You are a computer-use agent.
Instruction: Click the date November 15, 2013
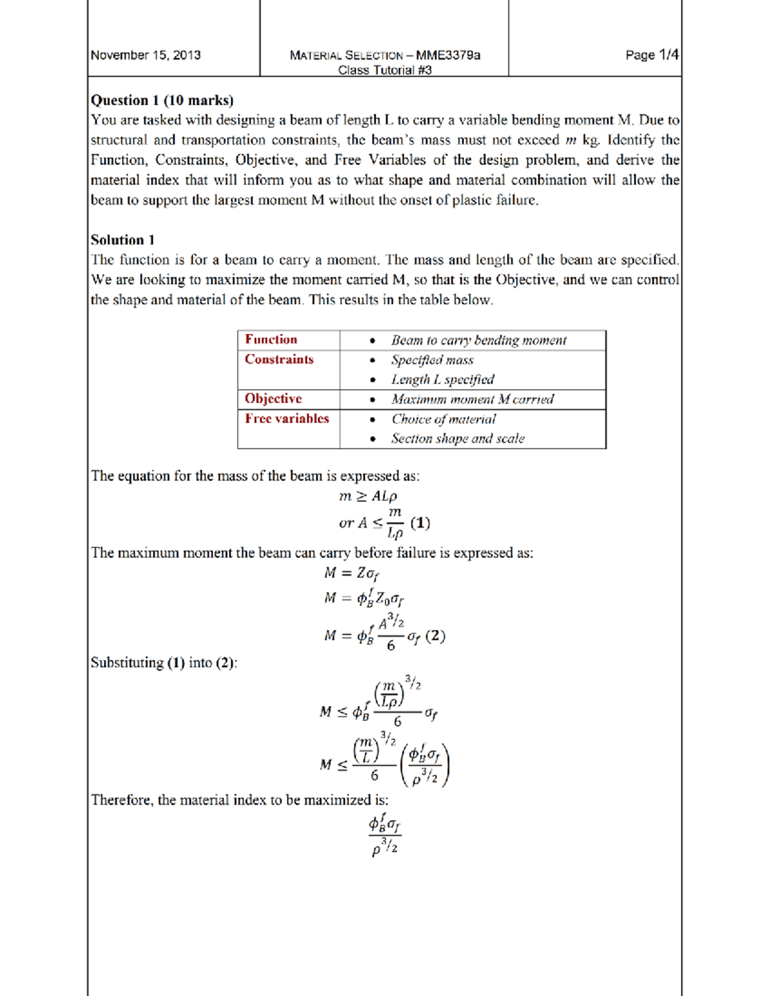[146, 55]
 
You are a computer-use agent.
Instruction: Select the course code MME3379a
[448, 55]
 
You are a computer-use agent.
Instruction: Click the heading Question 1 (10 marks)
[162, 100]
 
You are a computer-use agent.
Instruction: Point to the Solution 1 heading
[123, 240]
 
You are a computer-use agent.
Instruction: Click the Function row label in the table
[271, 339]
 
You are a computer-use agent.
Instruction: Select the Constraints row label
[279, 359]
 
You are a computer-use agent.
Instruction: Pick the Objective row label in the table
[273, 398]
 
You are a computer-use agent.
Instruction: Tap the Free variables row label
[287, 418]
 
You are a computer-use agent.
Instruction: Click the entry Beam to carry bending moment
[479, 341]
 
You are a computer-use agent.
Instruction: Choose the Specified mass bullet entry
[432, 360]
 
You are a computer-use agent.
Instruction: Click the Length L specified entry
[443, 380]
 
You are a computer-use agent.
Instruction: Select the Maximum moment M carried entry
[472, 399]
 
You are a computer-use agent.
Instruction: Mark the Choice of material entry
[443, 419]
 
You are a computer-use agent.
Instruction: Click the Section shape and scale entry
[458, 439]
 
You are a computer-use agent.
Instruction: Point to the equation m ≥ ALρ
[368, 496]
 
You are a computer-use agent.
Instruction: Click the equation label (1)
[420, 523]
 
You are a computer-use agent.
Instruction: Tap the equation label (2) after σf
[435, 636]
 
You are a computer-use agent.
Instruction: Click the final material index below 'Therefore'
[385, 835]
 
